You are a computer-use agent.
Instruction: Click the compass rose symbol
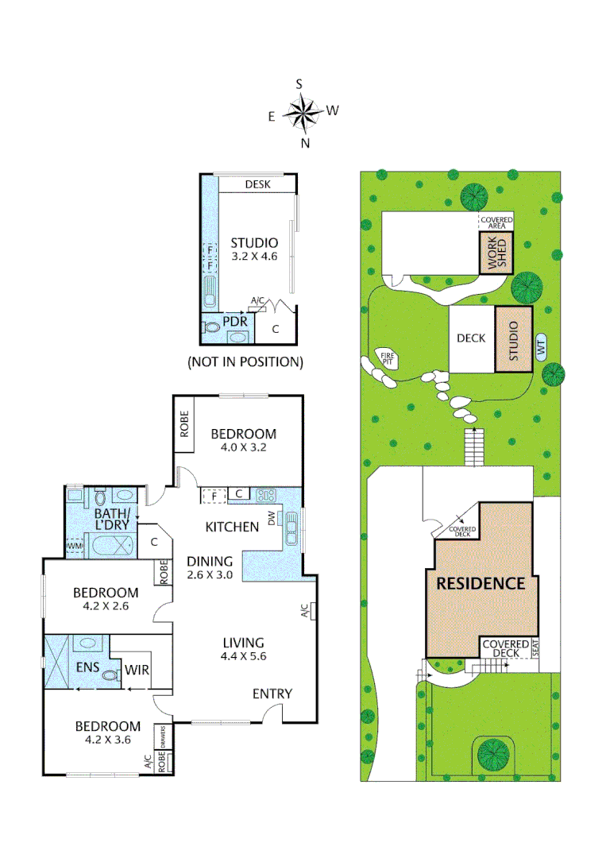pos(303,113)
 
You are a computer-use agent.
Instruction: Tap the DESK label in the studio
pos(258,184)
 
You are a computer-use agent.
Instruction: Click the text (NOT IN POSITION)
pos(245,362)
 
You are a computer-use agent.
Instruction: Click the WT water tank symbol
pos(542,348)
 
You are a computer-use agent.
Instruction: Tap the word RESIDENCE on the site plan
pos(481,583)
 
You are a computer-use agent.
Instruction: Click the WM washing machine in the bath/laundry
pos(75,546)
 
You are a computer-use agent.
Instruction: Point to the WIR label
pos(138,671)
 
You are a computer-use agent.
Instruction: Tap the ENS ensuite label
pos(87,668)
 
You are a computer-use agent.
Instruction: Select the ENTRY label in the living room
pos(272,694)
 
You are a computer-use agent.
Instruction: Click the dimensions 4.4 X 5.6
pos(243,656)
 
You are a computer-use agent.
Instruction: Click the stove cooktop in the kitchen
pos(265,495)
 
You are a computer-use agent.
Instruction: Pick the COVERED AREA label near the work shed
pos(496,222)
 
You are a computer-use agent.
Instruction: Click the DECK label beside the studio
pos(470,338)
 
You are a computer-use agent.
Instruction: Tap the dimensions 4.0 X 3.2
pos(243,448)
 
